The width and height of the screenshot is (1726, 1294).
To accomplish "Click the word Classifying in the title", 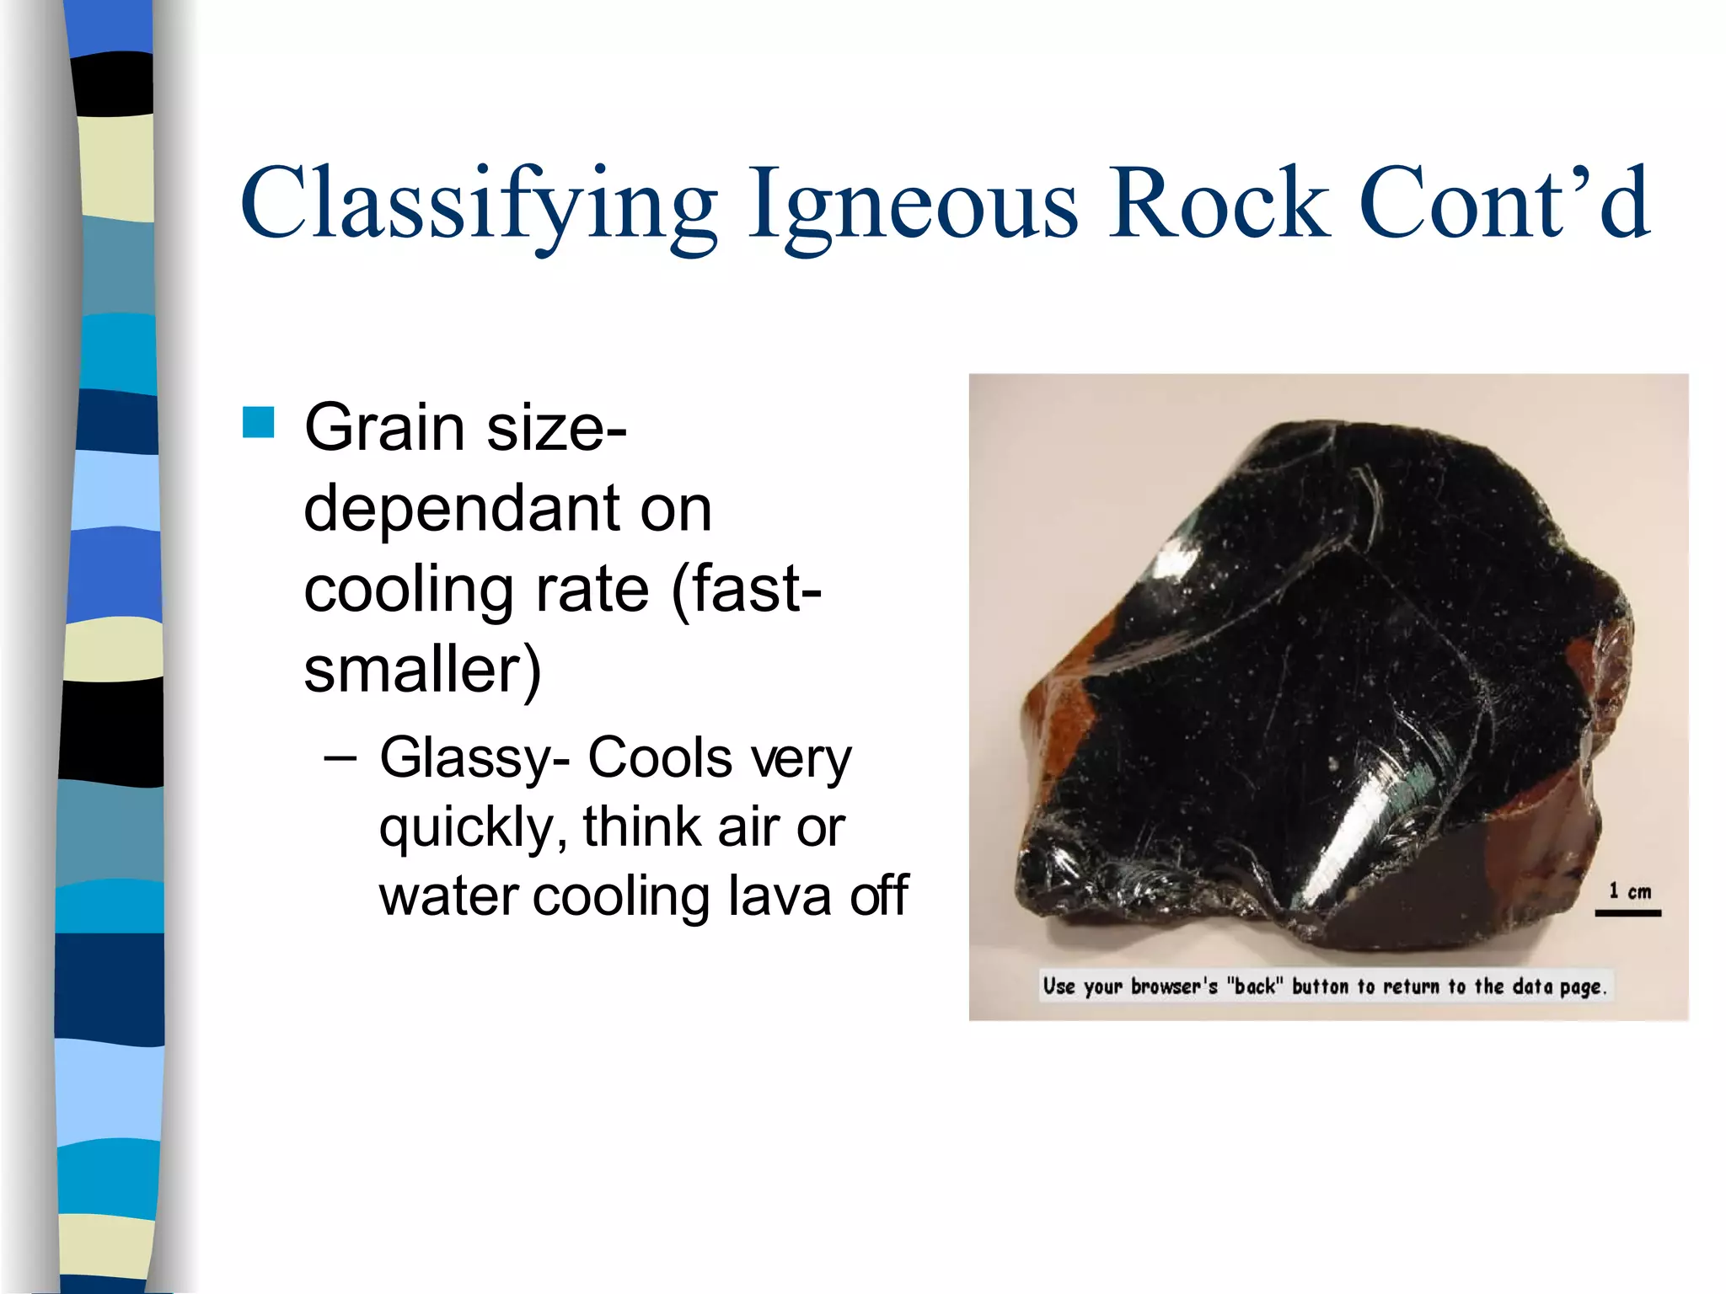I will click(478, 205).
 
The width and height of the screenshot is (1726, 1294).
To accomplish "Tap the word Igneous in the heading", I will click(913, 205).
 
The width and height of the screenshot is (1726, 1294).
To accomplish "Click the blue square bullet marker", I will click(258, 422).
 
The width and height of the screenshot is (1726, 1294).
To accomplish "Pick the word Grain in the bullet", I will click(384, 428).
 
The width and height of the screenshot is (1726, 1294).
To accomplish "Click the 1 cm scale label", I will click(1629, 890).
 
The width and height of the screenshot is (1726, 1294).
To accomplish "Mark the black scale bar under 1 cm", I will click(1627, 912).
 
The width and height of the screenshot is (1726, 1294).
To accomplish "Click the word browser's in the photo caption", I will click(1174, 986).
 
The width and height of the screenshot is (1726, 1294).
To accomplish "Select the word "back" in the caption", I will click(1254, 986).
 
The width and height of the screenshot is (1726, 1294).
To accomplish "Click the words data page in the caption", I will click(1558, 987).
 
